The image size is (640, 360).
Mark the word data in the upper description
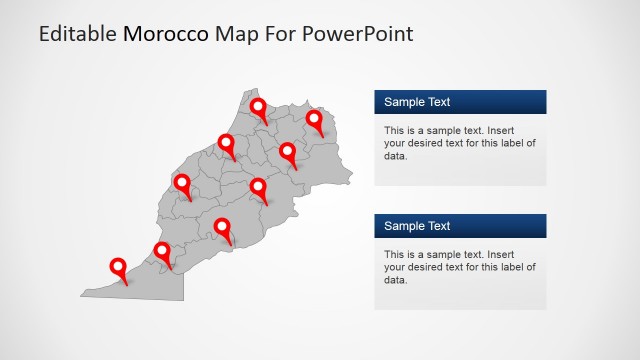[395, 156]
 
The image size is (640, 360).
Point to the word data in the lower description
[395, 280]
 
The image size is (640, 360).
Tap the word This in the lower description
[395, 254]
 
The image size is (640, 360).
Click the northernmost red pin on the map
[258, 107]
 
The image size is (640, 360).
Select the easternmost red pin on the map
[314, 120]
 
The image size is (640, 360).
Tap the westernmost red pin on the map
[119, 267]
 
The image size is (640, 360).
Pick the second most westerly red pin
[162, 251]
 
